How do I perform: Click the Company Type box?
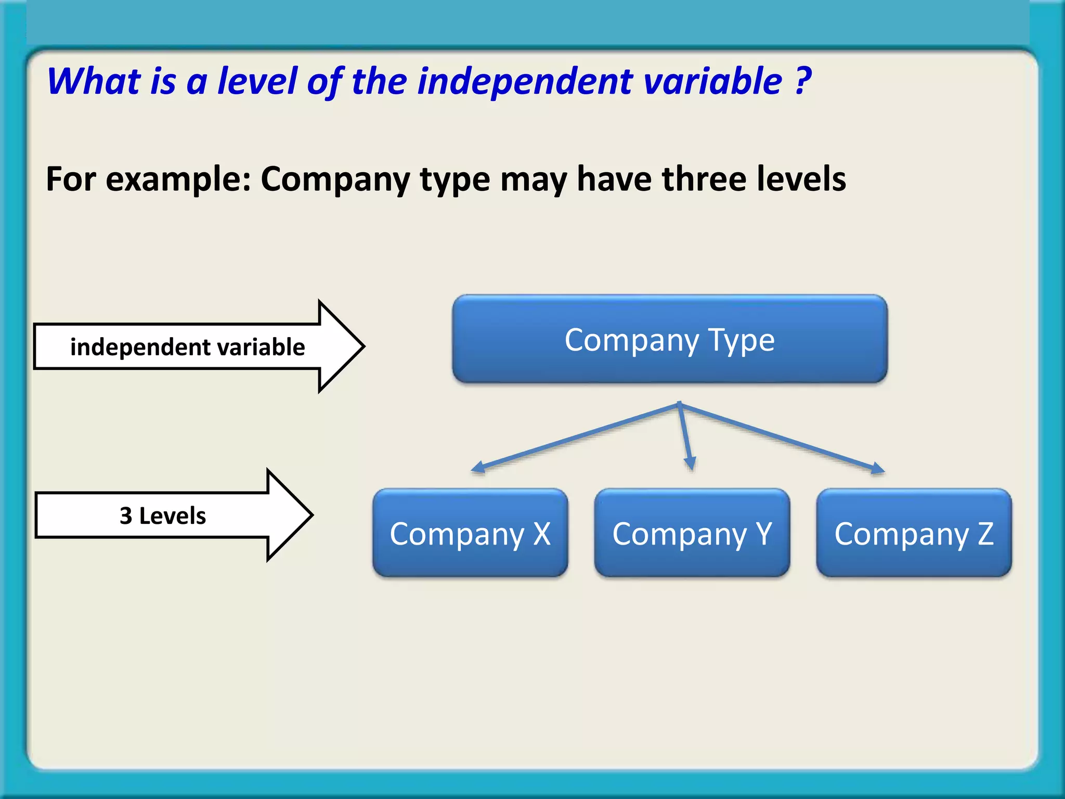pyautogui.click(x=670, y=339)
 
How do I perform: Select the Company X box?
pyautogui.click(x=470, y=533)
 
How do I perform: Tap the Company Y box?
pyautogui.click(x=692, y=533)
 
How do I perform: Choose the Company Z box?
pyautogui.click(x=914, y=533)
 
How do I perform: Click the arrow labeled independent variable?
pyautogui.click(x=198, y=346)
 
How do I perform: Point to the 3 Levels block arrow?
pyautogui.click(x=172, y=515)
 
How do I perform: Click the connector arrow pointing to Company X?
pyautogui.click(x=572, y=438)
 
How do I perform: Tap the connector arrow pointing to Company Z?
pyautogui.click(x=780, y=437)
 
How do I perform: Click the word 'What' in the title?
pyautogui.click(x=94, y=82)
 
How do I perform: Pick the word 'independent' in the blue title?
pyautogui.click(x=525, y=82)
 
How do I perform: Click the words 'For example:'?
pyautogui.click(x=148, y=179)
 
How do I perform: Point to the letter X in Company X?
pyautogui.click(x=542, y=534)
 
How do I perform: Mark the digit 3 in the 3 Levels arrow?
pyautogui.click(x=126, y=516)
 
